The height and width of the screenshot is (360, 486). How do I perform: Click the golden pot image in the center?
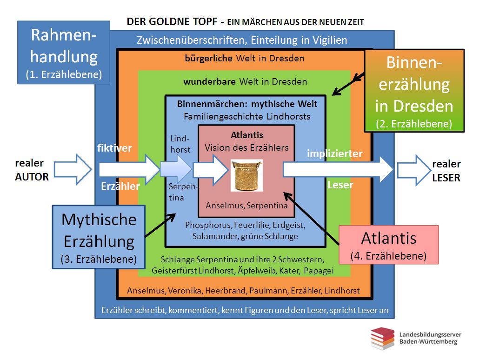tap(246, 175)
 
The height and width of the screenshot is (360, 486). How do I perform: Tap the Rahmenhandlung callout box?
tap(64, 53)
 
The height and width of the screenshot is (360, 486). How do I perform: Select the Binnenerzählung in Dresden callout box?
tap(414, 90)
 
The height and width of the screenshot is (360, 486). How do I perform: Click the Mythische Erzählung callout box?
tap(99, 237)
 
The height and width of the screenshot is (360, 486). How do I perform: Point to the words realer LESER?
tap(446, 171)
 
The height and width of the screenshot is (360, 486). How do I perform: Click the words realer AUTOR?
tap(32, 170)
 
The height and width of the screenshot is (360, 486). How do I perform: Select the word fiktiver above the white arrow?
tap(114, 148)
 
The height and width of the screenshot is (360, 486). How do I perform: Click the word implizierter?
tap(334, 153)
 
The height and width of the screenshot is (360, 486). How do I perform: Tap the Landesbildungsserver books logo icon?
tap(383, 338)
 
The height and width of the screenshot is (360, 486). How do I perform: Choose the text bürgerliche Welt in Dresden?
tap(244, 59)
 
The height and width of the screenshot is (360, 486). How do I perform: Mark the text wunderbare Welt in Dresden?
tap(245, 82)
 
